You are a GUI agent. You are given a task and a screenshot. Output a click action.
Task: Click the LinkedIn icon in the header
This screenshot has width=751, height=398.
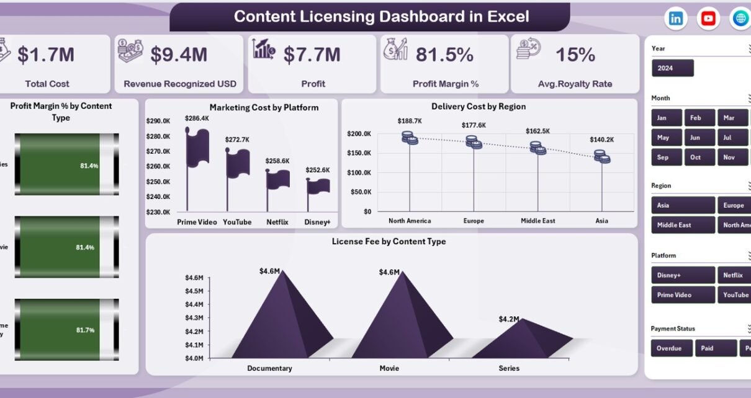point(675,19)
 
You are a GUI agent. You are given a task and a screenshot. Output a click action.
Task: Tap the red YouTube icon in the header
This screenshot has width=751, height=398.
point(708,19)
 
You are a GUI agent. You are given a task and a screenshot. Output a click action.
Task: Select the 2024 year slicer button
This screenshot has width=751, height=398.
point(673,68)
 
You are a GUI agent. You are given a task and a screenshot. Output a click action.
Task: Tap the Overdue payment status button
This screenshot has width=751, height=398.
point(671,348)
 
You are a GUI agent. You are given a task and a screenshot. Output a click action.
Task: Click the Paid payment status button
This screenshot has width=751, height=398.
point(716,348)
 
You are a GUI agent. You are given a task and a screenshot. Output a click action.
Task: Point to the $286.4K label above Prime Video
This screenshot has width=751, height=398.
point(197,118)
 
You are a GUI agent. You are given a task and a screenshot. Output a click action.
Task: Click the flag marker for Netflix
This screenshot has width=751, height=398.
point(277,179)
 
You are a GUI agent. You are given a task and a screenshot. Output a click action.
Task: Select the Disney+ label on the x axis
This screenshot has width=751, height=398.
point(317,221)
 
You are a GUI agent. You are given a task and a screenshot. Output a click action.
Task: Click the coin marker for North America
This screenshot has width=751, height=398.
point(410,138)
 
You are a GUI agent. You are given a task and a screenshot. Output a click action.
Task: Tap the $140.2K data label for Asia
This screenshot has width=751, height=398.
point(601,139)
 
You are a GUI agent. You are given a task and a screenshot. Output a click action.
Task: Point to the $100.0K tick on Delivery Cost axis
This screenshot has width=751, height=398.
point(359,172)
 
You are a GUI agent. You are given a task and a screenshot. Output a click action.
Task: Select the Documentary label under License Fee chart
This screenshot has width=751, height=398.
point(269,368)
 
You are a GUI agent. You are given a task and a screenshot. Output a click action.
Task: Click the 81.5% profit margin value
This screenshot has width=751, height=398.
point(444,55)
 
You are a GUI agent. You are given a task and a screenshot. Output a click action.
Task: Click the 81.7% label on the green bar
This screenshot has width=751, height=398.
point(86,330)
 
